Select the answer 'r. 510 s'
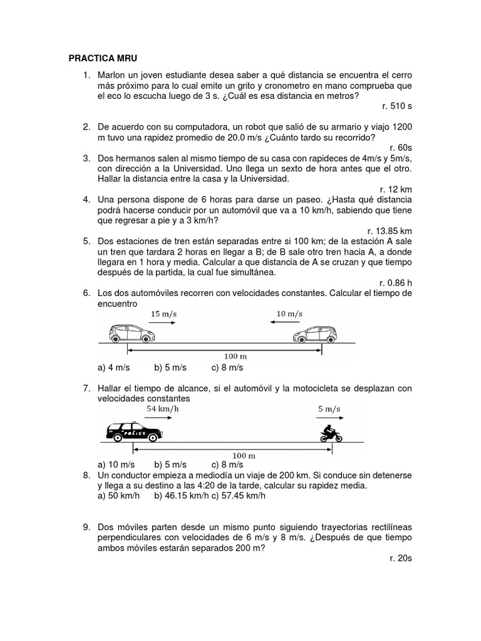(396, 106)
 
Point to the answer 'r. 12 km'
(396, 189)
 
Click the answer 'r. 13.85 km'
(390, 230)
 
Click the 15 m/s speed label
(164, 313)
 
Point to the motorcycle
(329, 433)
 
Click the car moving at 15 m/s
(132, 334)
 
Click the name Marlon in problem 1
(111, 76)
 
